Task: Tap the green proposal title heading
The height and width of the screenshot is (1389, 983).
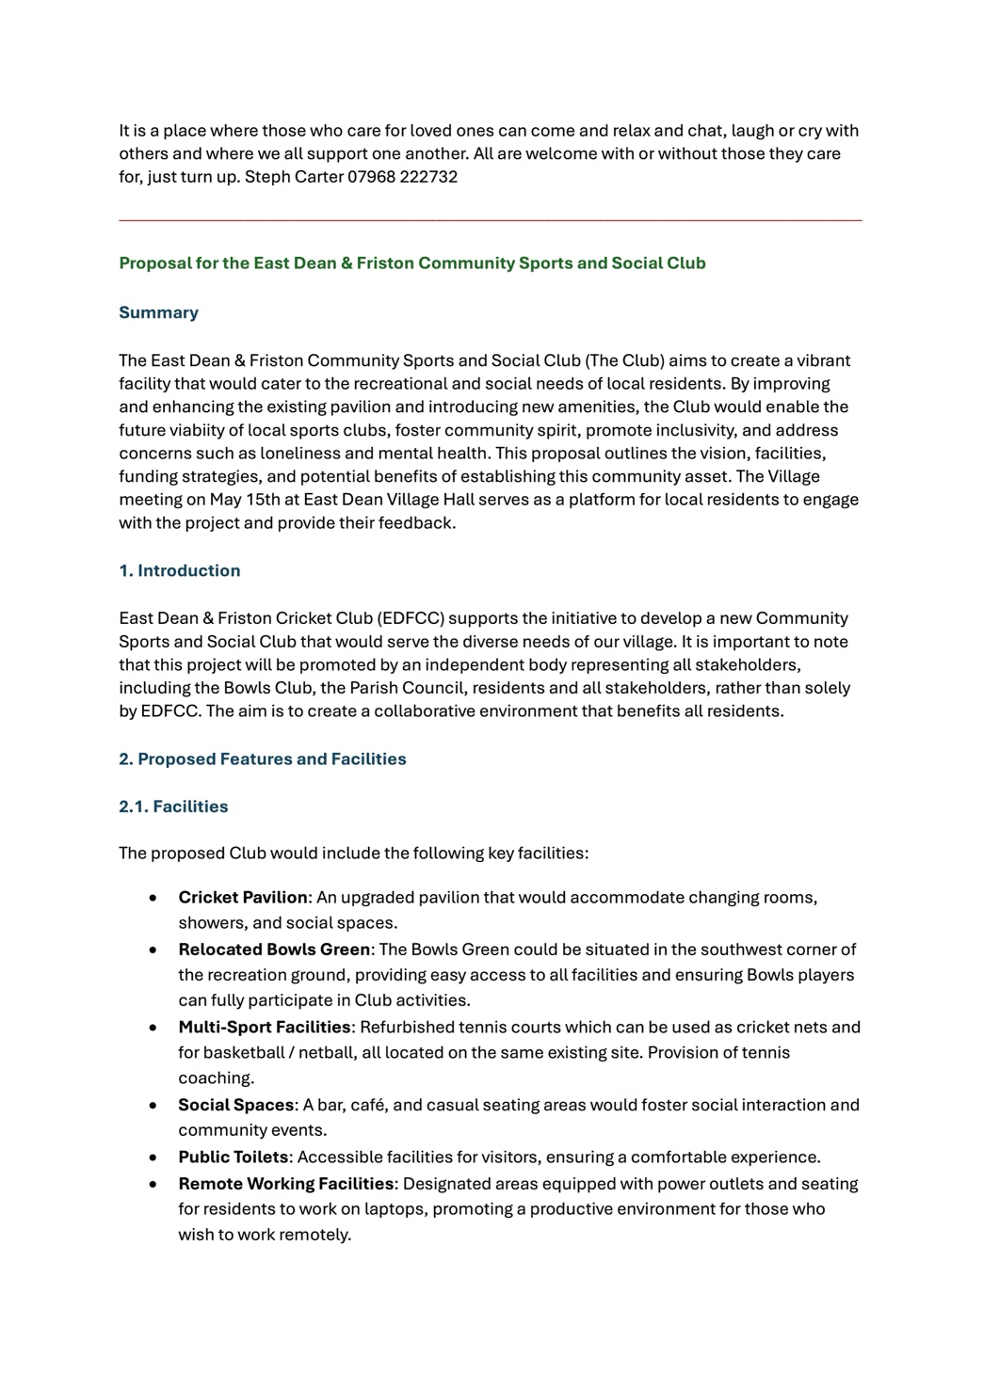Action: (411, 263)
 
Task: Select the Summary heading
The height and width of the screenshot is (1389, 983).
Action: (158, 312)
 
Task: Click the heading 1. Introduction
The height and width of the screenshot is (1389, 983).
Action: (179, 570)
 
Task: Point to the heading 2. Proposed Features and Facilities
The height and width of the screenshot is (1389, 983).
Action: (262, 759)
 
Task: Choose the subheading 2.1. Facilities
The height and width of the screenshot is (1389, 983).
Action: (173, 806)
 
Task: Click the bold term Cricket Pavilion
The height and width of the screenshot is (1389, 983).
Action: (243, 898)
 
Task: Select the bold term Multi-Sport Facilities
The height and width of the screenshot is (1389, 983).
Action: (265, 1027)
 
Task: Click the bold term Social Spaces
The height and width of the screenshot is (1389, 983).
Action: (236, 1105)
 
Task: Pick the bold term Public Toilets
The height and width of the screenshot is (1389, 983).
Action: (234, 1157)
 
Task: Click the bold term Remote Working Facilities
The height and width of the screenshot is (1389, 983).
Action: (286, 1184)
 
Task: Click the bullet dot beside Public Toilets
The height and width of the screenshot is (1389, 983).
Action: (153, 1157)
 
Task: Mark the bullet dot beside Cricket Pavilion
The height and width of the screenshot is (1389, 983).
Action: (153, 898)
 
